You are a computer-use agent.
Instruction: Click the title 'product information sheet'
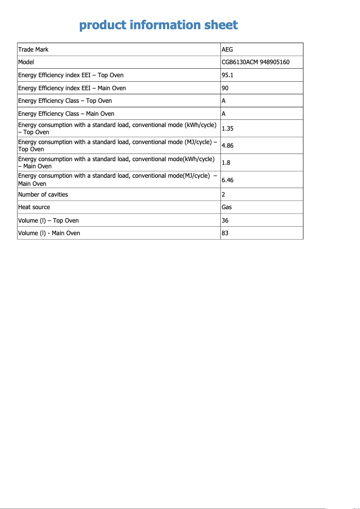click(x=158, y=25)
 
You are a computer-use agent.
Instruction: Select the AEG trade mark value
click(x=228, y=49)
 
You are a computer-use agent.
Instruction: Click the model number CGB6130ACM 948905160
click(x=255, y=62)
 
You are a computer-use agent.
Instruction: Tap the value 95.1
click(x=228, y=75)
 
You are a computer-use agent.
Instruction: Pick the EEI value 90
click(x=225, y=88)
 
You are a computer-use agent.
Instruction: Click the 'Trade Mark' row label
click(x=33, y=49)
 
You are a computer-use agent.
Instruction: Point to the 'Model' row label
click(x=26, y=62)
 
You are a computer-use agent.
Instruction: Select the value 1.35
click(x=228, y=128)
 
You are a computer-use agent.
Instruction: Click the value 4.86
click(x=228, y=145)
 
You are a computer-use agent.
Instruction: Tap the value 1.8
click(x=226, y=162)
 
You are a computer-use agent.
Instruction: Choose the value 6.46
click(x=228, y=180)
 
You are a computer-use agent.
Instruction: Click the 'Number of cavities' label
click(x=43, y=194)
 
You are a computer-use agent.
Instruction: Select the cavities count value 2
click(x=224, y=194)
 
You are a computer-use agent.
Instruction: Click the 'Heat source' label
click(x=34, y=207)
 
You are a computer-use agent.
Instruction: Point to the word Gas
click(x=227, y=207)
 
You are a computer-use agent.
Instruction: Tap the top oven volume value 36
click(x=225, y=220)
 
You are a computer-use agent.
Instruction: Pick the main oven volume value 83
click(x=225, y=233)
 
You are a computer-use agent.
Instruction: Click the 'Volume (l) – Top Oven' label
click(x=48, y=220)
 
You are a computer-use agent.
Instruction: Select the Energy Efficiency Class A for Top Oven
click(x=224, y=101)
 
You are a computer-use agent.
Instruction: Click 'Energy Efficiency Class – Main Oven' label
click(x=66, y=114)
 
